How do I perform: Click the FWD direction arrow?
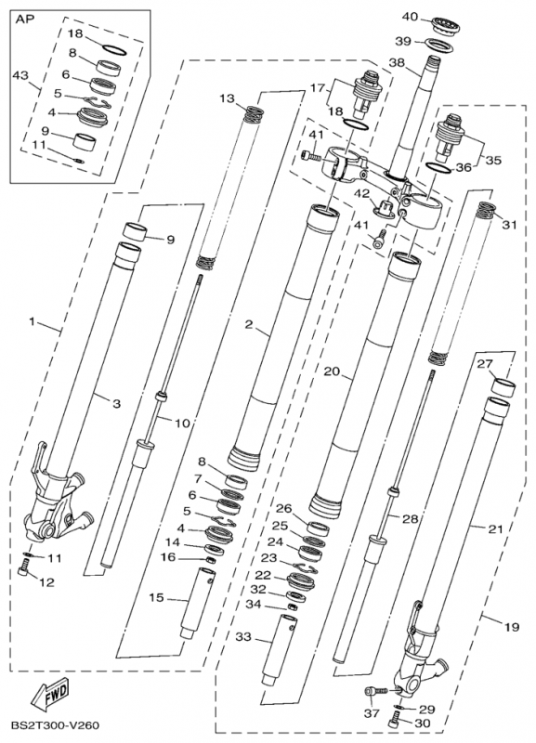[x=50, y=693]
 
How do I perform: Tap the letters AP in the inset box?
[x=26, y=20]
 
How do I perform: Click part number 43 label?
[x=20, y=75]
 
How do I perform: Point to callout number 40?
[x=411, y=17]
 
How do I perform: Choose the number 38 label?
[x=399, y=62]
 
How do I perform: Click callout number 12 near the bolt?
[x=47, y=582]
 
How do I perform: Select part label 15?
[x=156, y=597]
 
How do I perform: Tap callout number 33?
[x=243, y=637]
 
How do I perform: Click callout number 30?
[x=423, y=723]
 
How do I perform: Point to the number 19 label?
[x=511, y=627]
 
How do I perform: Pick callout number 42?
[x=364, y=193]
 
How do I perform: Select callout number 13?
[x=228, y=98]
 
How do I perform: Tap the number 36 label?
[x=464, y=167]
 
